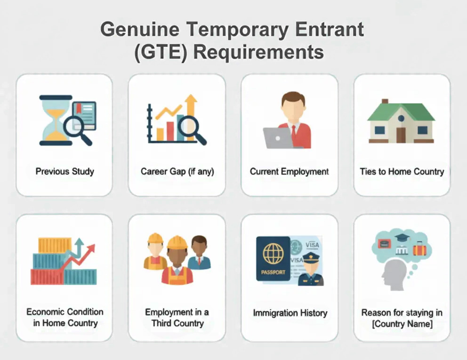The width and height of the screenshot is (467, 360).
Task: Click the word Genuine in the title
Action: coord(140,30)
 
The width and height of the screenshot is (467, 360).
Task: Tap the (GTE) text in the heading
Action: coord(161,52)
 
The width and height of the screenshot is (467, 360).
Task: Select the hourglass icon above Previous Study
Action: coord(56,120)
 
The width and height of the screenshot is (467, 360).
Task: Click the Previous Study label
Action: coord(64,172)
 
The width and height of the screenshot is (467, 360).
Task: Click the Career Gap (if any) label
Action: coord(177,172)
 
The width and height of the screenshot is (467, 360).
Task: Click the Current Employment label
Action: coord(289,172)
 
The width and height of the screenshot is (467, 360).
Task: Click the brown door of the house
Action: coord(401,135)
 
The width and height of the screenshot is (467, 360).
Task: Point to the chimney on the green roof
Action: coord(385,101)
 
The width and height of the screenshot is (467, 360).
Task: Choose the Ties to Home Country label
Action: coord(402,172)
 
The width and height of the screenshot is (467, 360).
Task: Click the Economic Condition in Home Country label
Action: coord(65,318)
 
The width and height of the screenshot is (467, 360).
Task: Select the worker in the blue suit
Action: coord(199,253)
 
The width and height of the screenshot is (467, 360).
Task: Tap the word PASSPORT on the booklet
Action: coord(273,272)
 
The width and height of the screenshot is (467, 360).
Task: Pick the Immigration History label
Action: coord(290,313)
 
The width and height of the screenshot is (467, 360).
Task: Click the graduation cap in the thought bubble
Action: coord(402,238)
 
